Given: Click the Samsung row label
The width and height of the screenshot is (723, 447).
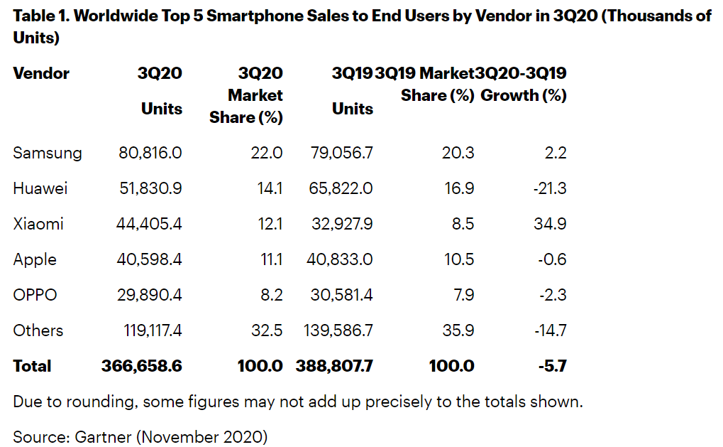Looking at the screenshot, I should tap(47, 153).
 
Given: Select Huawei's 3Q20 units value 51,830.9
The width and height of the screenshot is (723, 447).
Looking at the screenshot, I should tap(149, 188).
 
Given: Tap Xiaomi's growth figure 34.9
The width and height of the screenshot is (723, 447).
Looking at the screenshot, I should tap(551, 224).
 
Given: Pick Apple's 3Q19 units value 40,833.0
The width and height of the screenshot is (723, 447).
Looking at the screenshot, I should tap(341, 259).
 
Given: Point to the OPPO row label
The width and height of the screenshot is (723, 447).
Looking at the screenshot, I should tap(35, 295).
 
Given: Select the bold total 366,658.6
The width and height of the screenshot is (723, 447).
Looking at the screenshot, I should tap(142, 366).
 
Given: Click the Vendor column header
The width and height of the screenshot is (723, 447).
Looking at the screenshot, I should tap(41, 73).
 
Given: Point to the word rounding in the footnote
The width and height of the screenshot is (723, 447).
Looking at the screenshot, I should tap(104, 402).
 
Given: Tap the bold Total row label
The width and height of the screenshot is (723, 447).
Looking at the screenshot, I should tap(32, 366).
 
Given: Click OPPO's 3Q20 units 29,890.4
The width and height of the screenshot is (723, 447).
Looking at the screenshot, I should tap(149, 295).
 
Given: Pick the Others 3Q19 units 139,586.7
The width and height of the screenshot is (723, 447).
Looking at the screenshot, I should tap(336, 330).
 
